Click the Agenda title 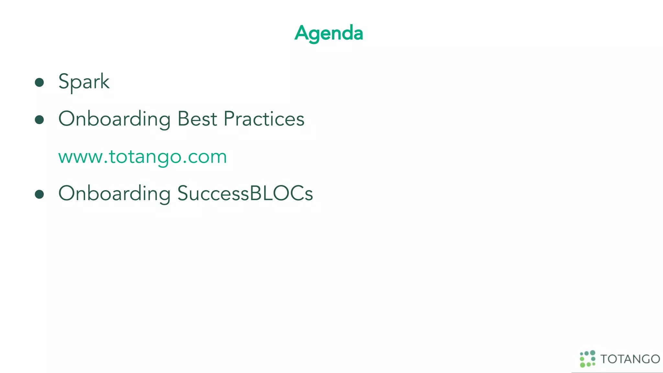pos(329,33)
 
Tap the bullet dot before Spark pos(39,82)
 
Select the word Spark pos(84,81)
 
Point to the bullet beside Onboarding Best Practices pos(39,120)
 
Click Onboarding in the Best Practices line pos(114,119)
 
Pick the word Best pos(197,119)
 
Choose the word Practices pos(264,119)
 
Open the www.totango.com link pos(142,157)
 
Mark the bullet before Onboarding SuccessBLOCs pos(39,194)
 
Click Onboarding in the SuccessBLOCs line pos(114,194)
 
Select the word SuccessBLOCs pos(245,193)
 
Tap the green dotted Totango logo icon pos(587,359)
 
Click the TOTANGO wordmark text pos(630,359)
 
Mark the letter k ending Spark pos(105,81)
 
